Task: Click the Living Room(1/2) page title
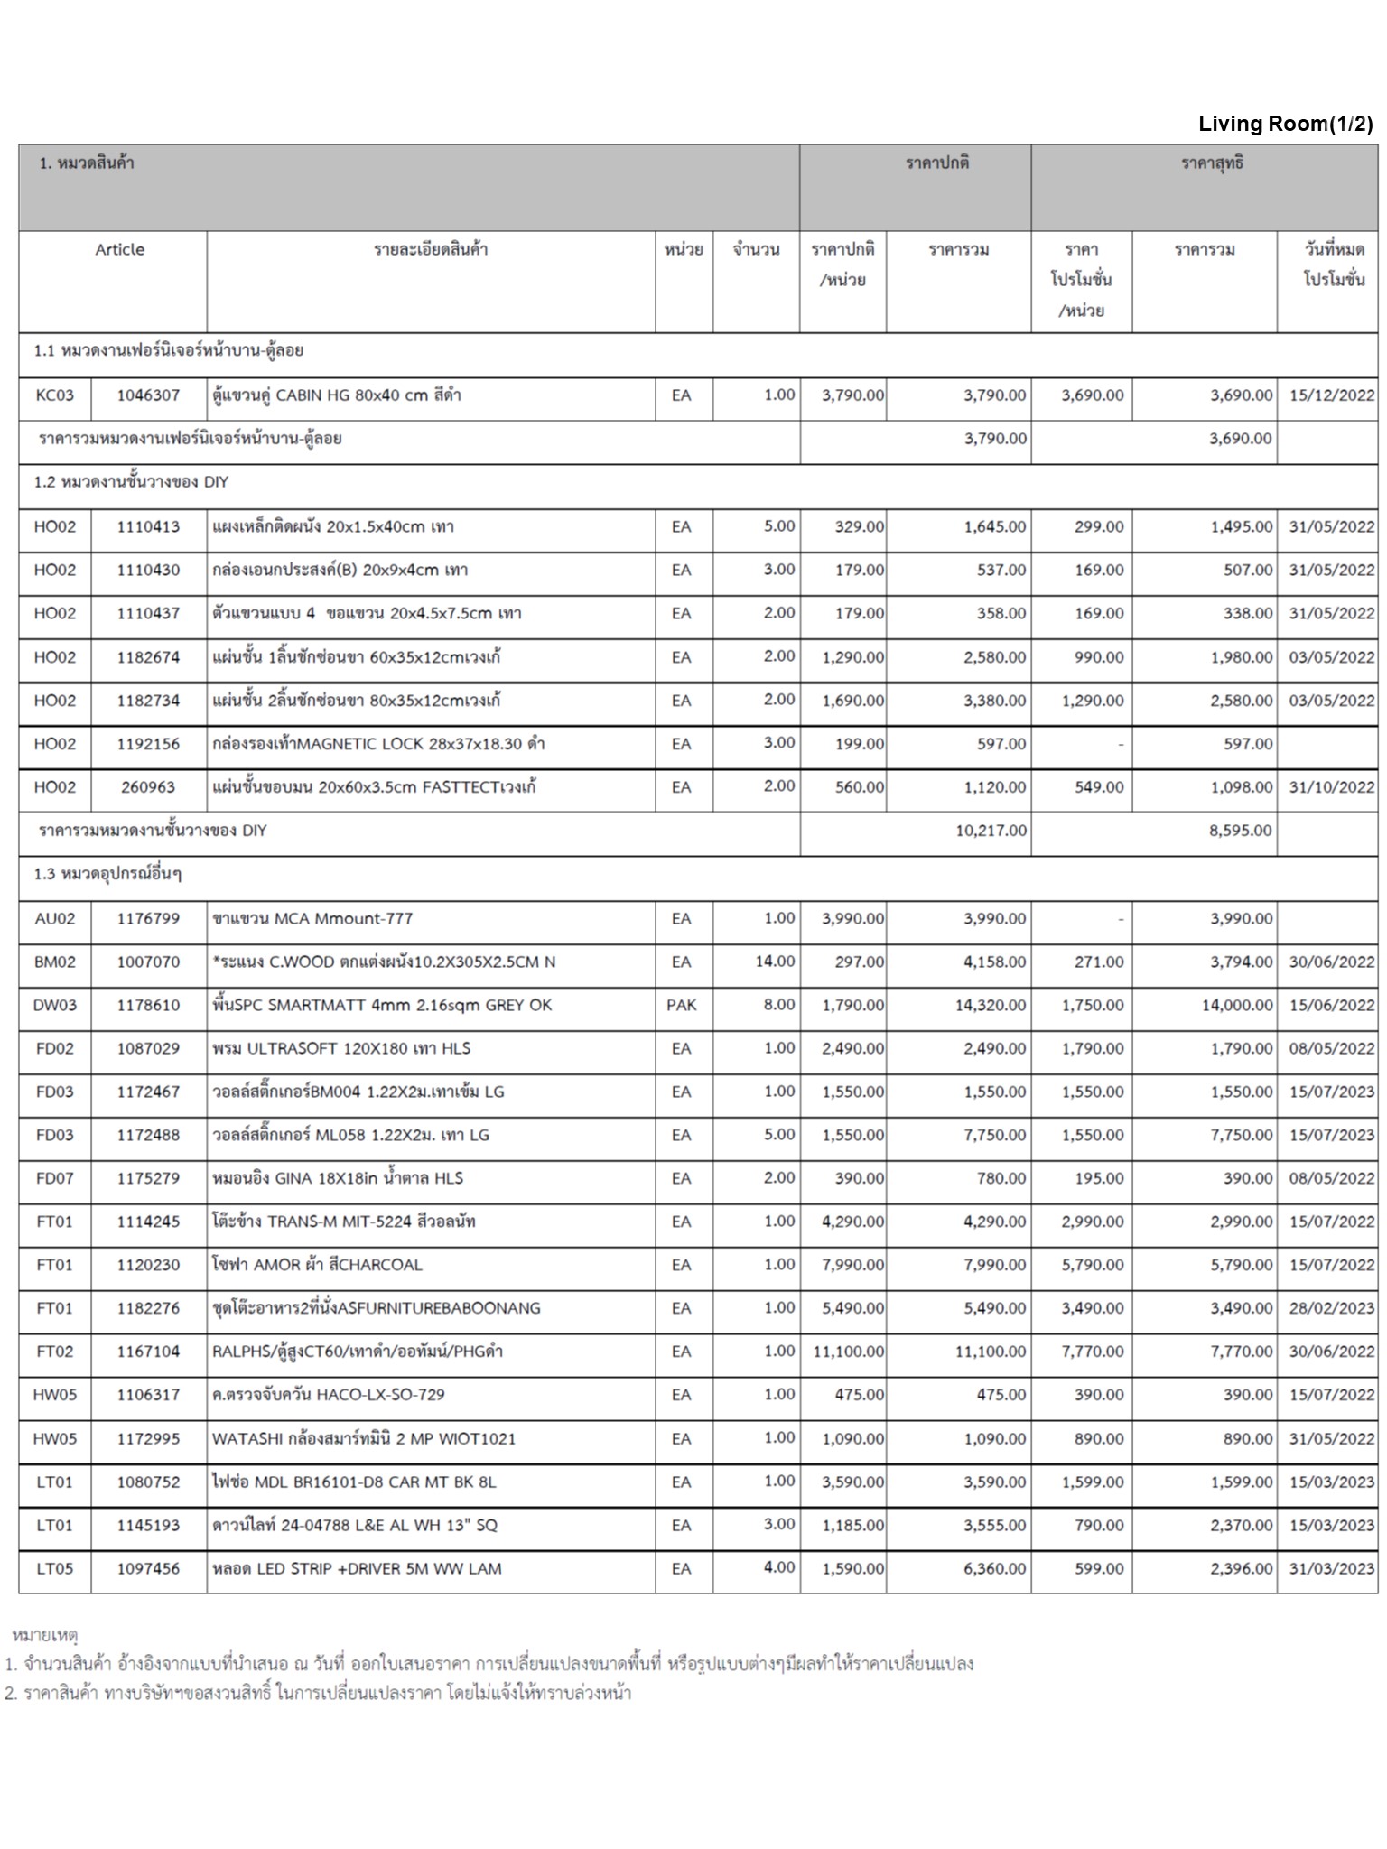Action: tap(1285, 125)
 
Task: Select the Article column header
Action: tap(119, 250)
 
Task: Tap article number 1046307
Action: tap(148, 395)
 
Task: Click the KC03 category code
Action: tap(54, 395)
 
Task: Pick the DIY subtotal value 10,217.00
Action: tap(991, 831)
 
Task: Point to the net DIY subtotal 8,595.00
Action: tap(1241, 831)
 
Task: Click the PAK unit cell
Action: tap(682, 1005)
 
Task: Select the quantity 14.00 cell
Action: tap(775, 962)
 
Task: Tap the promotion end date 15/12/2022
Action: tap(1331, 395)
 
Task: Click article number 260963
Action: tap(148, 787)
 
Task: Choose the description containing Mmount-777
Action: tap(312, 919)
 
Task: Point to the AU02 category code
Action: tap(54, 919)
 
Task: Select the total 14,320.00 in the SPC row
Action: tap(991, 1005)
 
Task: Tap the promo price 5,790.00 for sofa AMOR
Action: tap(1092, 1265)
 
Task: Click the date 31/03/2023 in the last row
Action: tap(1331, 1568)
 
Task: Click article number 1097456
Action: tap(148, 1568)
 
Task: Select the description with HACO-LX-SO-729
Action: tap(329, 1395)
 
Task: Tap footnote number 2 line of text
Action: tap(318, 1693)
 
